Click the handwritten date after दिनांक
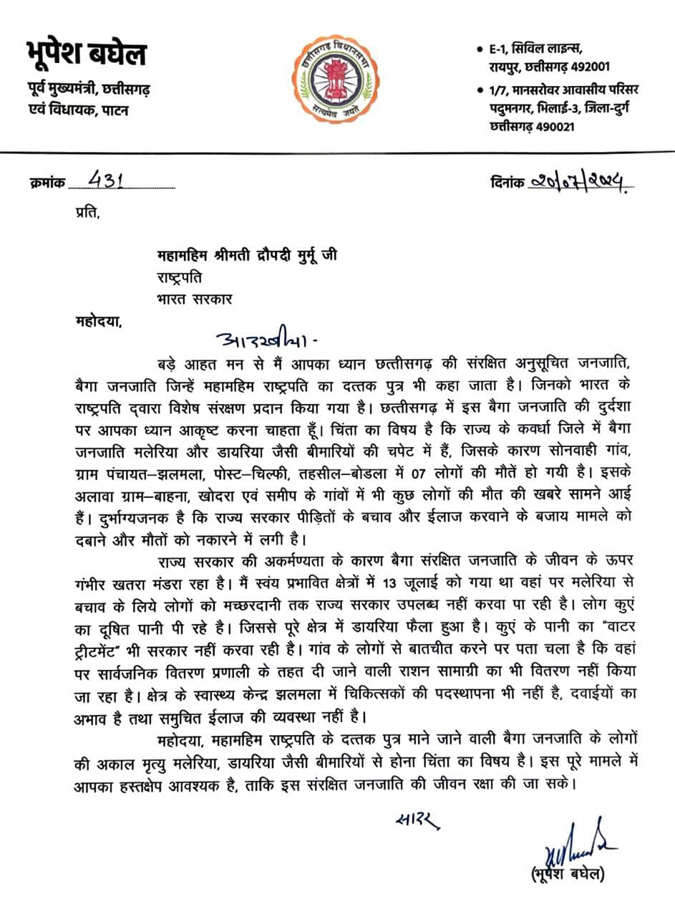(x=580, y=183)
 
